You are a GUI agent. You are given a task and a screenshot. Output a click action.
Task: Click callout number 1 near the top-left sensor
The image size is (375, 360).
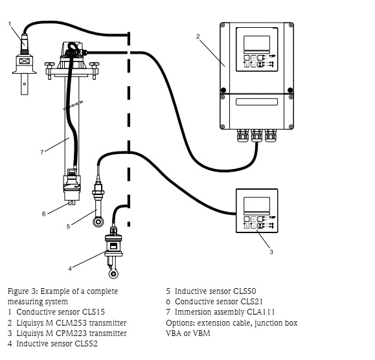click(10, 24)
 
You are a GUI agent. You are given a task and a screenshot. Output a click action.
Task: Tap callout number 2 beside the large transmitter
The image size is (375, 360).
click(198, 36)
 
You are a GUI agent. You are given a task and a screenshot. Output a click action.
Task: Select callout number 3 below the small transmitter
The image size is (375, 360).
click(271, 252)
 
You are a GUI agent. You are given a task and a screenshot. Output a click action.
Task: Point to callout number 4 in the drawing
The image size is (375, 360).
click(70, 269)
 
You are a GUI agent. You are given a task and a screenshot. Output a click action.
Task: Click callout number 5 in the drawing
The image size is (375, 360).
click(68, 226)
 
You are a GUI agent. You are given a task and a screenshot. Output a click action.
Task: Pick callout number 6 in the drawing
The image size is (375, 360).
click(44, 214)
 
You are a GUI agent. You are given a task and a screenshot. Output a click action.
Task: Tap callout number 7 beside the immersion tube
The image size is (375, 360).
click(42, 152)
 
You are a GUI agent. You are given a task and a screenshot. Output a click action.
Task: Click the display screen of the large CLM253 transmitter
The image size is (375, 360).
click(256, 43)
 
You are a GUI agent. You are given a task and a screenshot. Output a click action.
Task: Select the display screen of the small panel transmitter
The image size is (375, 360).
click(256, 205)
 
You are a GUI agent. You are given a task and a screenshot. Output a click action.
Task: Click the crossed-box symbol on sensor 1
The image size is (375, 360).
click(24, 61)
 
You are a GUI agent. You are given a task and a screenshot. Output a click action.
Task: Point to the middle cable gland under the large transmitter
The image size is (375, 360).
click(256, 136)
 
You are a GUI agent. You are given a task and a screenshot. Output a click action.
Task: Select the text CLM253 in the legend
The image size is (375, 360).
click(71, 322)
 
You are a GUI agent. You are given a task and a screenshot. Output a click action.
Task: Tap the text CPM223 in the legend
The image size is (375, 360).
click(71, 333)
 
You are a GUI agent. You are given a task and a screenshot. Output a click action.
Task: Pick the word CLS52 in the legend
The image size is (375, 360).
click(86, 344)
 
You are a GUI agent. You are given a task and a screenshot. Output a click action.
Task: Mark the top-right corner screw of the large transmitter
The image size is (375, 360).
click(291, 25)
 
